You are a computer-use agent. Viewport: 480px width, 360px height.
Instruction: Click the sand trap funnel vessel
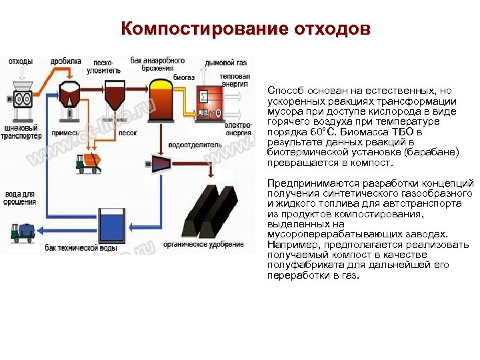(114, 98)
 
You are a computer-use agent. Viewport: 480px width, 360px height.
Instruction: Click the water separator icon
(160, 164)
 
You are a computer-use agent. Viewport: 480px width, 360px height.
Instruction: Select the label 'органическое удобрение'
(211, 245)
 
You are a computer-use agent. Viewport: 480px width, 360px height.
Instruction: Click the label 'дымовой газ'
(225, 63)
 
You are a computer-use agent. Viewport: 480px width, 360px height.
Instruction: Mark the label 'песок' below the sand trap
(127, 133)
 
